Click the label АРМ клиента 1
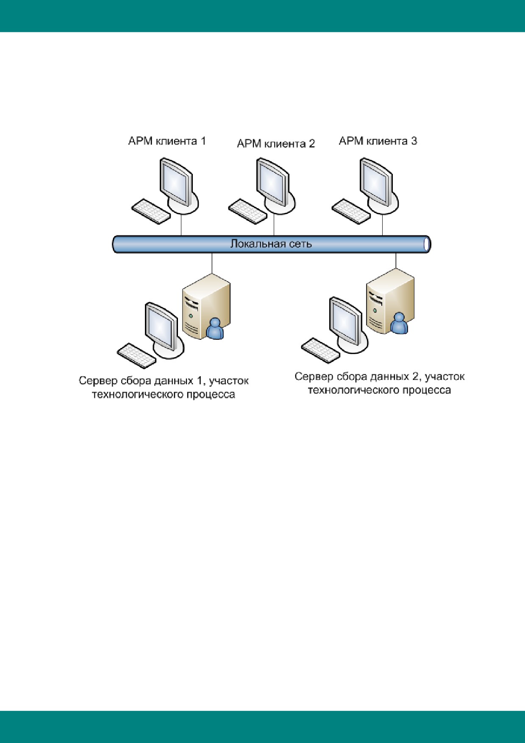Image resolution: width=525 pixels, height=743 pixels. tap(167, 141)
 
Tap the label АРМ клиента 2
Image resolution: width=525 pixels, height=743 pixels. tap(276, 144)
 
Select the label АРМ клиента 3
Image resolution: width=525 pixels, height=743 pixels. tap(378, 141)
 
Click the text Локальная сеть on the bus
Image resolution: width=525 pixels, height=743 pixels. tap(271, 244)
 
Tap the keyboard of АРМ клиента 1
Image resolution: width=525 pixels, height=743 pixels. tap(151, 211)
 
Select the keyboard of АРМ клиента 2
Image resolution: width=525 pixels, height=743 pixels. tap(247, 211)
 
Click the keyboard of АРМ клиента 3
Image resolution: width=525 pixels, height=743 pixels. tap(351, 211)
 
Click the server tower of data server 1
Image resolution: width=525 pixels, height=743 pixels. tap(206, 306)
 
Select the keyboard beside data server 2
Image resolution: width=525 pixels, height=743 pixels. tap(320, 350)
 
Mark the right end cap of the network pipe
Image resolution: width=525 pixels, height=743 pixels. tap(427, 244)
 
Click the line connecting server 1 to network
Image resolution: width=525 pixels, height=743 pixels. tap(212, 263)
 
